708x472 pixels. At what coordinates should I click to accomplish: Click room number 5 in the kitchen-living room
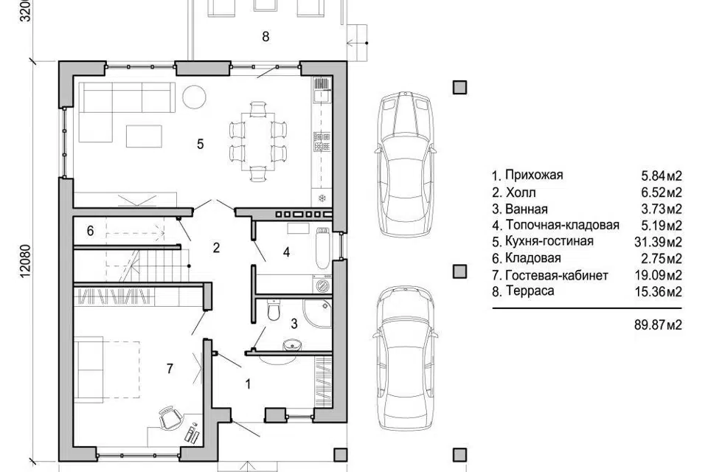pos(201,144)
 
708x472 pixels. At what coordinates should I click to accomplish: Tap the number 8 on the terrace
pos(265,36)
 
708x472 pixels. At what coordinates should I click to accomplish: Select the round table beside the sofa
pos(194,97)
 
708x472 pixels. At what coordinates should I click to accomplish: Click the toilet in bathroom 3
pos(274,310)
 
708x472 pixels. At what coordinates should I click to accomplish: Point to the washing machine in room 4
pos(323,285)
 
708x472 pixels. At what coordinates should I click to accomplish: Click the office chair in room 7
pos(170,418)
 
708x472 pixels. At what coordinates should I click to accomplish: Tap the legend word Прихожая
pos(534,176)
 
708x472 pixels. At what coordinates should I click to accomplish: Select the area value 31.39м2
pos(658,242)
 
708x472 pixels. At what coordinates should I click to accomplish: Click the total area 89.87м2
pos(658,324)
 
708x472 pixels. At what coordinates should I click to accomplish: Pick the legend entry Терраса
pos(530,291)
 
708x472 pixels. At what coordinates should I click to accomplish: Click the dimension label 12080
pos(25,260)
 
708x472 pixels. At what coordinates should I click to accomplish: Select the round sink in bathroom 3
pos(292,347)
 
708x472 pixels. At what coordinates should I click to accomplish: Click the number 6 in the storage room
pos(90,231)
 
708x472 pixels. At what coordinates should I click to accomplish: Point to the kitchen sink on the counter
pos(322,96)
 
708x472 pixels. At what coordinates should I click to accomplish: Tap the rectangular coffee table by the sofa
pos(144,136)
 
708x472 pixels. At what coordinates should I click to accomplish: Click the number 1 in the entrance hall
pos(248,384)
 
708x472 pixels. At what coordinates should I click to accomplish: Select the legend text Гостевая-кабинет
pos(557,275)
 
